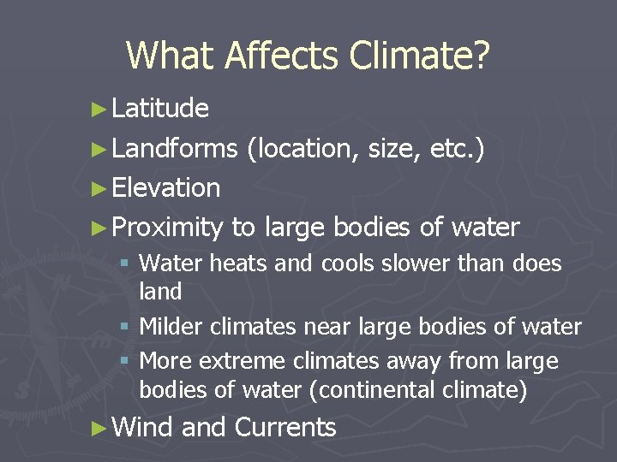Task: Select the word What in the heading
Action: click(171, 56)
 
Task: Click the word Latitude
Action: click(160, 108)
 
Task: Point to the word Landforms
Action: click(174, 148)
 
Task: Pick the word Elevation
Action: click(166, 187)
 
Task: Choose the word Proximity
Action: click(167, 228)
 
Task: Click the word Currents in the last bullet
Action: click(285, 427)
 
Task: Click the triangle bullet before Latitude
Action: click(100, 109)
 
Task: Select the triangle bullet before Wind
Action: click(100, 428)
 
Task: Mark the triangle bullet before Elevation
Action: click(100, 188)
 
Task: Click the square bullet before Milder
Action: click(126, 328)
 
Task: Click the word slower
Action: click(434, 264)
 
